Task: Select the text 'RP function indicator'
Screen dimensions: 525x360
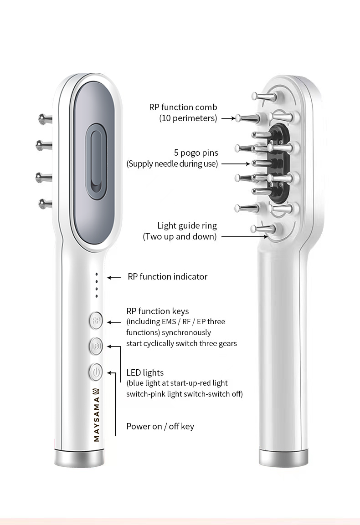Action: click(167, 276)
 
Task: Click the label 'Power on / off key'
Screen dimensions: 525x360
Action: click(160, 426)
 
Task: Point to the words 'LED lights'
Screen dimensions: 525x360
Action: click(145, 372)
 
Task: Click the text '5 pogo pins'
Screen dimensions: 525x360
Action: click(195, 153)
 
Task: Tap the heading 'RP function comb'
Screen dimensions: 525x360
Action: click(183, 107)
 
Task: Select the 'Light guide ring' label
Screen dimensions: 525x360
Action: click(187, 225)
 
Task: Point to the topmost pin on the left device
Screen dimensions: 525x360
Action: click(45, 119)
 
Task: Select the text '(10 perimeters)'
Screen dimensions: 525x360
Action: click(188, 118)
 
